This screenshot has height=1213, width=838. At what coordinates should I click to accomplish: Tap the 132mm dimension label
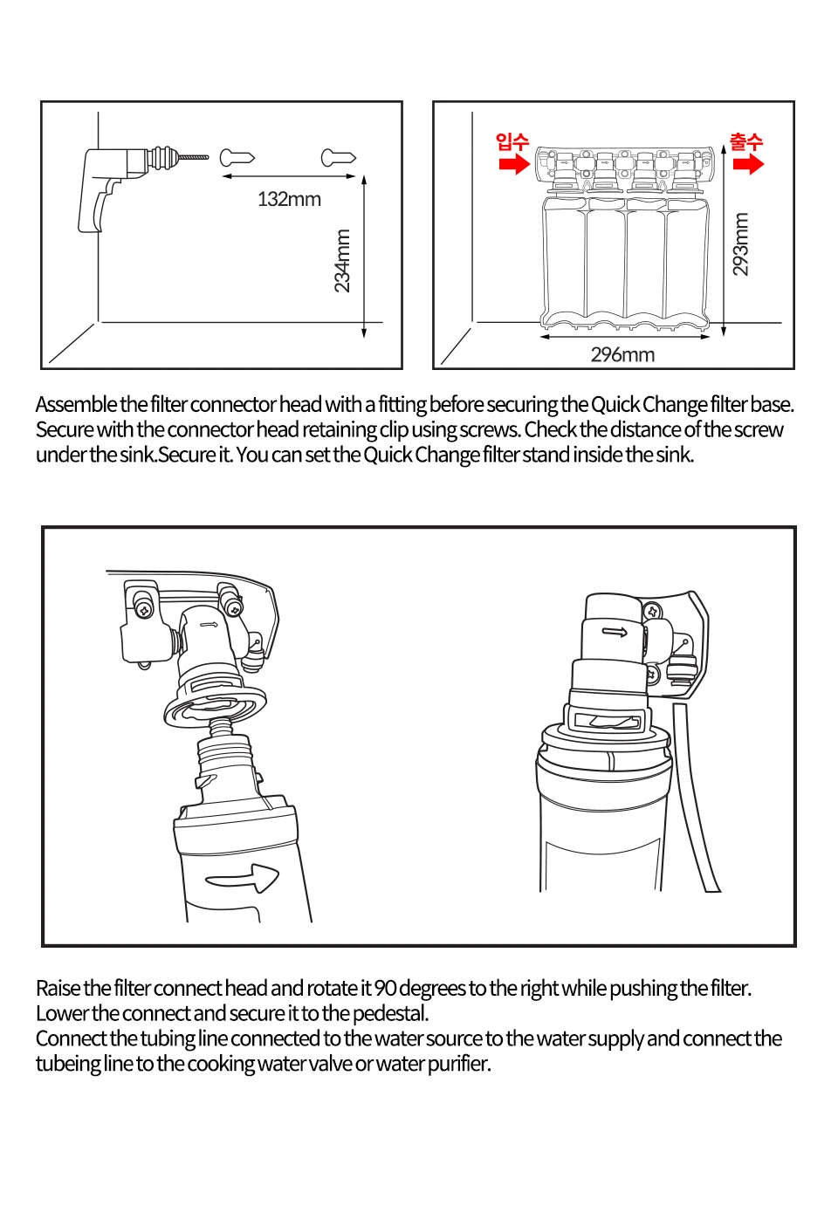pos(289,200)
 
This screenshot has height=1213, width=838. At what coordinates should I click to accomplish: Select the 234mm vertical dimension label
pos(342,261)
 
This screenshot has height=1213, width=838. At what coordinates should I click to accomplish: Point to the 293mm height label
pos(740,245)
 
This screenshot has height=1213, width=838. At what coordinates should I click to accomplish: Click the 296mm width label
pos(622,355)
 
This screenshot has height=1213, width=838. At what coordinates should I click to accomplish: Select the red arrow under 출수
pos(748,164)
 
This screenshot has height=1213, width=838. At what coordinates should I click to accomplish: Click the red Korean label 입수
pos(512,141)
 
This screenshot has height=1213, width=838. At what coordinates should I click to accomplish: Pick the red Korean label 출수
pos(746,141)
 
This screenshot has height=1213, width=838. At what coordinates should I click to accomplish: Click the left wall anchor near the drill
pos(236,158)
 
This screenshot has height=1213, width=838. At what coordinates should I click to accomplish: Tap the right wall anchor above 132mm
pos(338,158)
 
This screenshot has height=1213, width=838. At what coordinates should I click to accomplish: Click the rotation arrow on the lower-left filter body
pos(243,877)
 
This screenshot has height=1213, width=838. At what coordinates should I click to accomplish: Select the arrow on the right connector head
pos(615,632)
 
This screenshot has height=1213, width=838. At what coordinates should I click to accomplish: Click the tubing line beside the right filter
pos(696,803)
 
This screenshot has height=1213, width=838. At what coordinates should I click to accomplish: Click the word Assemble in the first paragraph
pos(76,405)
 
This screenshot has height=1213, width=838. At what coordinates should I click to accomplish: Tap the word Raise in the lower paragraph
pos(58,989)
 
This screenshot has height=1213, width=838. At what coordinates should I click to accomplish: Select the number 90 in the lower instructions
pos(385,989)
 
